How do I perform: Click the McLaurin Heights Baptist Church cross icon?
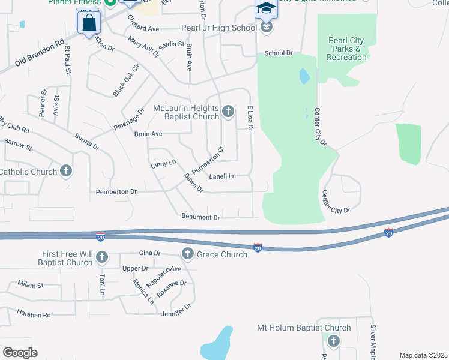coord(228,110)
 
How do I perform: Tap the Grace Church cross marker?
coord(187,254)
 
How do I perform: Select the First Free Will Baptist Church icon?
coord(101,257)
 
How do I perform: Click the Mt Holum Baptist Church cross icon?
coord(334,341)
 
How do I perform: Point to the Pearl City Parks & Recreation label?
coord(347,49)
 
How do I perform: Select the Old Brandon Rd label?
coord(39,53)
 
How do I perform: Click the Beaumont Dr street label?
coord(200,216)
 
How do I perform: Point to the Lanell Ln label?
coord(222,176)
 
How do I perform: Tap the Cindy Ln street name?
coord(163,163)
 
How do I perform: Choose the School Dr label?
coord(279,53)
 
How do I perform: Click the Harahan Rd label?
coord(34,314)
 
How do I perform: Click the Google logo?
coord(20,353)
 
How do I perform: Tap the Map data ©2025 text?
coord(423,355)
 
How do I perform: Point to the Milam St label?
coord(31,284)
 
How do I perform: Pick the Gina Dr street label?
coord(149,253)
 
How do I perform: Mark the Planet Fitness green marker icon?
coord(110,2)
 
